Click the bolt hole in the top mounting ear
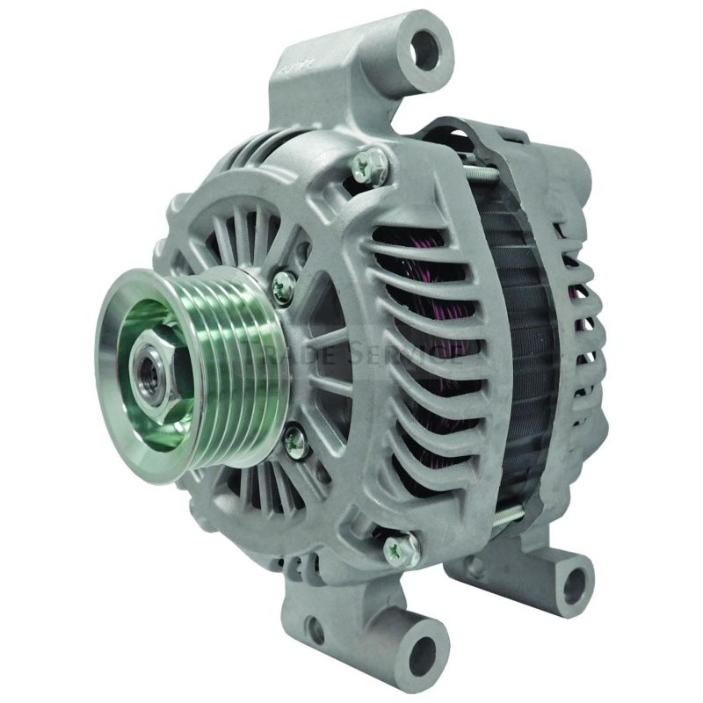pos(426,48)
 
